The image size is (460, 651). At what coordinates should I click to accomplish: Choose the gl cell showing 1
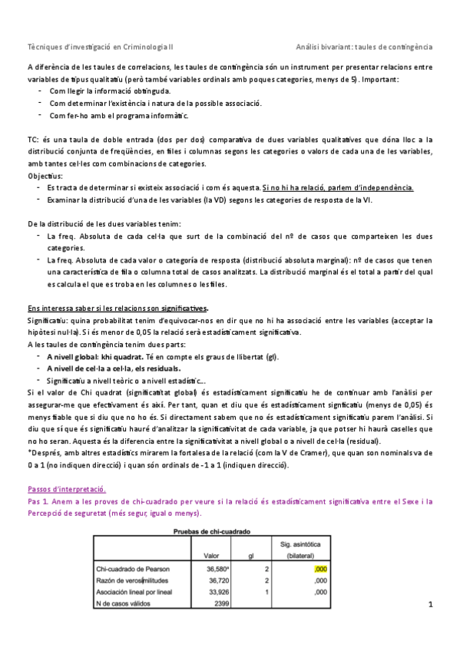tap(266, 592)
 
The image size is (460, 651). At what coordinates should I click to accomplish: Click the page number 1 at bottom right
tap(432, 606)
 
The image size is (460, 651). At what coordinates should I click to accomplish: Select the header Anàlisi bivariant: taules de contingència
tap(365, 46)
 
